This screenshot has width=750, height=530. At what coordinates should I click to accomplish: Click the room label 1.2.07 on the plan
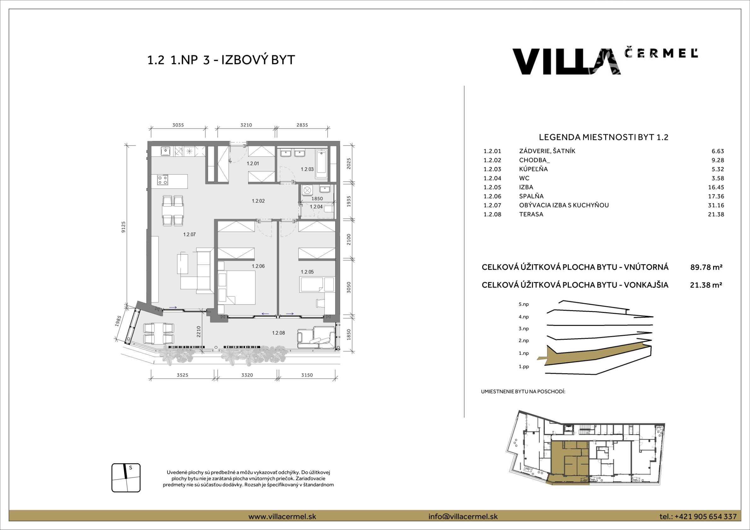190,234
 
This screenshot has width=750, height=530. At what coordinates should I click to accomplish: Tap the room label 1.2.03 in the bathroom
307,169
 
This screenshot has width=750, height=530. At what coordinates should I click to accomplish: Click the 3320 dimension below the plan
247,375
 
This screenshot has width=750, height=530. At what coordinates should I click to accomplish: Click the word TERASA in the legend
531,214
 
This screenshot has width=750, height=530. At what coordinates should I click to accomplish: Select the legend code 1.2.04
492,178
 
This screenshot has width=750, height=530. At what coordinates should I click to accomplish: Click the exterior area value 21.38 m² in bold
706,285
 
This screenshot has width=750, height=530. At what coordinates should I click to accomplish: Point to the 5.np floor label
524,304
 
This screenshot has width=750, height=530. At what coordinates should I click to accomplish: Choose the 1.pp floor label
524,366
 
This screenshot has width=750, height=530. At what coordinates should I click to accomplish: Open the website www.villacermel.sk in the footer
282,517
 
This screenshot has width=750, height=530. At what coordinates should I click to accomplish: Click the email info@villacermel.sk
463,517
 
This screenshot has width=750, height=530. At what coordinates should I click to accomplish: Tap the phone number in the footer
706,517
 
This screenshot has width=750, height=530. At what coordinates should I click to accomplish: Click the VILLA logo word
567,62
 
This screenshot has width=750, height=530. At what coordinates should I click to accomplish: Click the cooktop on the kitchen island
163,180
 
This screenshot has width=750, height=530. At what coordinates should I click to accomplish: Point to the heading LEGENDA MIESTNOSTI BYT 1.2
604,137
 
